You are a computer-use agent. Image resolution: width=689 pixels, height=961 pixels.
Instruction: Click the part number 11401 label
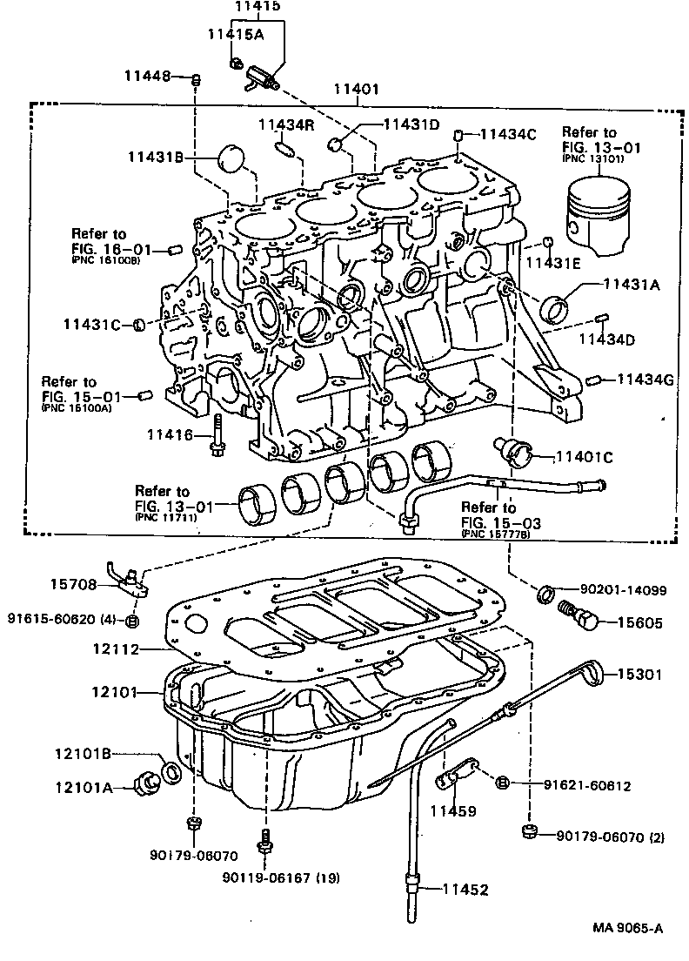coord(356,88)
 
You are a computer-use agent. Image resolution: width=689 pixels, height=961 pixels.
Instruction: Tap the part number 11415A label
coord(236,34)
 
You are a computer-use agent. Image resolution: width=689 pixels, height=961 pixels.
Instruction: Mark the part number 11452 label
coord(465,890)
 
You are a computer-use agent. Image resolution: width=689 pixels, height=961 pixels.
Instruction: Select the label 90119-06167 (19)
coord(279,877)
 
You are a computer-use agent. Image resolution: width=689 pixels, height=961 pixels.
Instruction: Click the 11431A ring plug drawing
coord(555,308)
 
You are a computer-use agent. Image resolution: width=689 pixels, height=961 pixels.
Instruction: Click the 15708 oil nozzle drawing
coord(130,581)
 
